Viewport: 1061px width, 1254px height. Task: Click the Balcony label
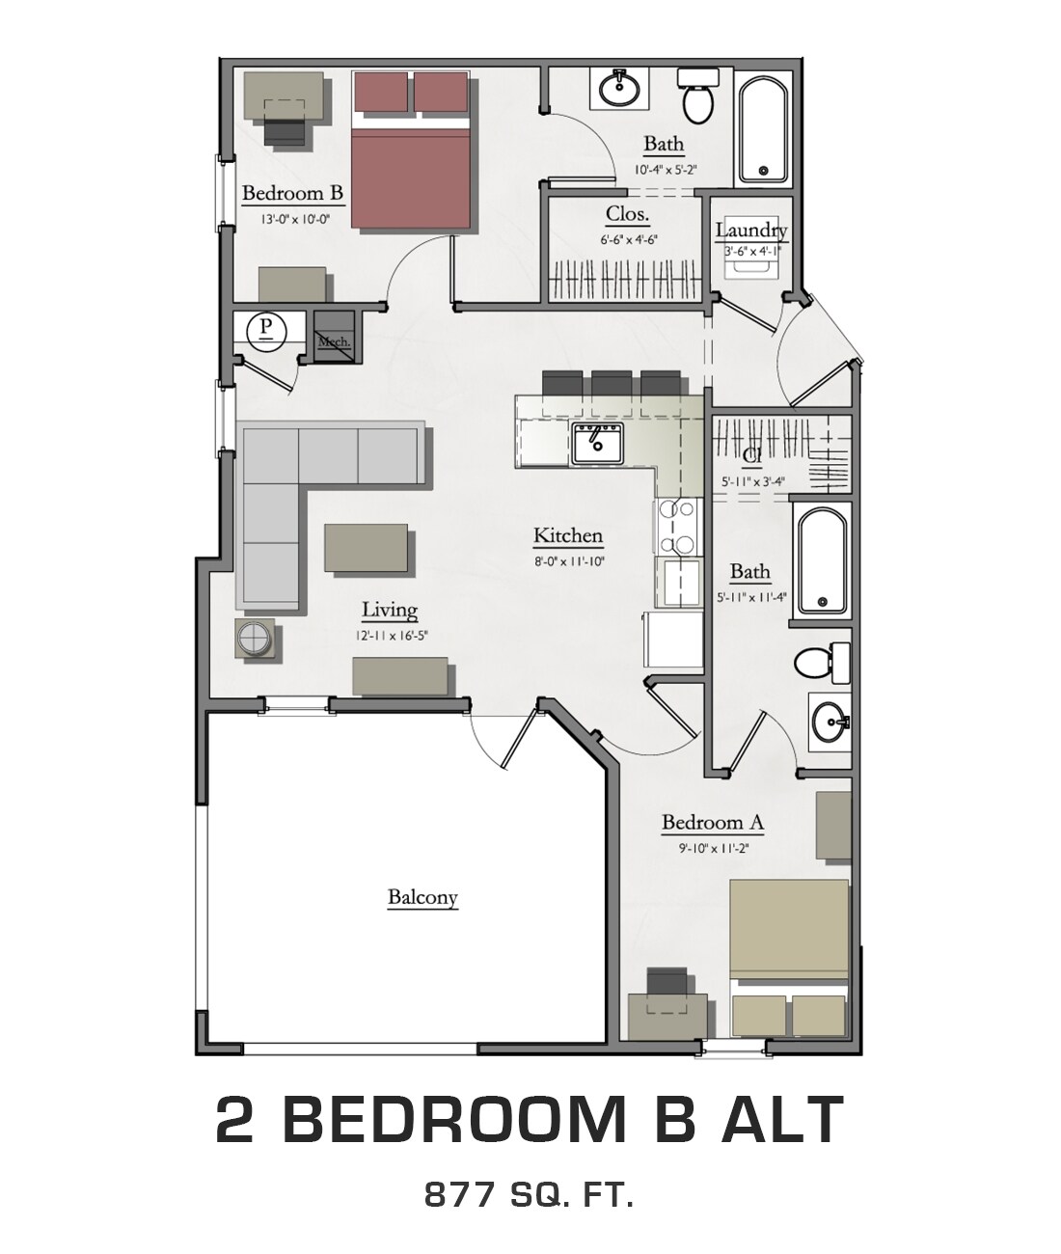click(422, 897)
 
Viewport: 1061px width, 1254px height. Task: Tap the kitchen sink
click(597, 444)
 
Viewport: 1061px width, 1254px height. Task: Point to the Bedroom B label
click(292, 193)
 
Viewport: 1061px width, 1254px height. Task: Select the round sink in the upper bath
click(618, 90)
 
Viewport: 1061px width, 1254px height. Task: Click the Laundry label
click(750, 231)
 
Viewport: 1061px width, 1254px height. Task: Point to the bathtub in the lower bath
click(821, 560)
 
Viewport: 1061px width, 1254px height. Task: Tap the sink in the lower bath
click(829, 719)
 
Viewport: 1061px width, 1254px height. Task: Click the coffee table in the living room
click(366, 550)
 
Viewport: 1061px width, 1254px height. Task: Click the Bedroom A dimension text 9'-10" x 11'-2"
click(713, 849)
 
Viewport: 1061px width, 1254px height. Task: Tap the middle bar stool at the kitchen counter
click(611, 383)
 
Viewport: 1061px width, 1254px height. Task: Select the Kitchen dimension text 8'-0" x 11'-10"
click(569, 561)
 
